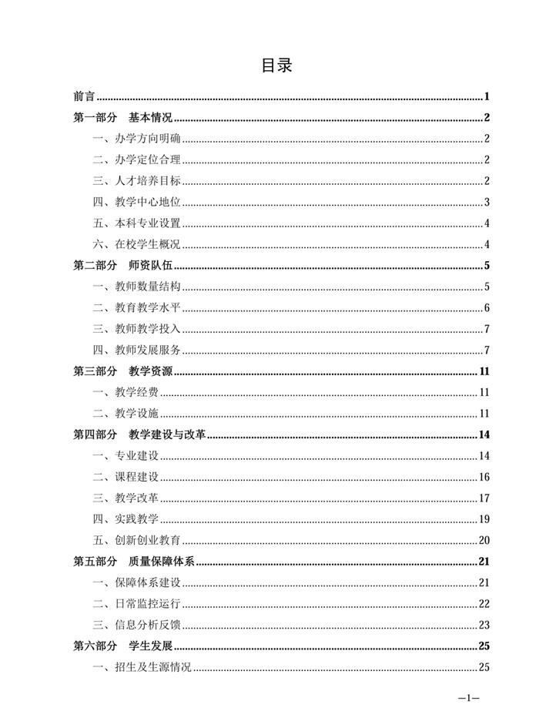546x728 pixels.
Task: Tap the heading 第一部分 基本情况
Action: pos(122,118)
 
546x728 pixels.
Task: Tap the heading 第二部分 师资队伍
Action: pos(122,267)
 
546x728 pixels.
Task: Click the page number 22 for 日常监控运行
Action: pos(484,603)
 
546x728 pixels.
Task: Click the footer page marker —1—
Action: pos(468,698)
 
